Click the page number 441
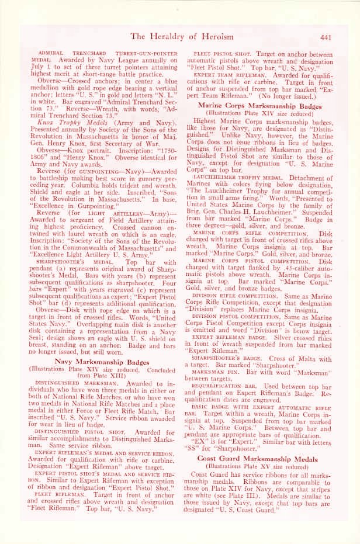pos(327,38)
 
